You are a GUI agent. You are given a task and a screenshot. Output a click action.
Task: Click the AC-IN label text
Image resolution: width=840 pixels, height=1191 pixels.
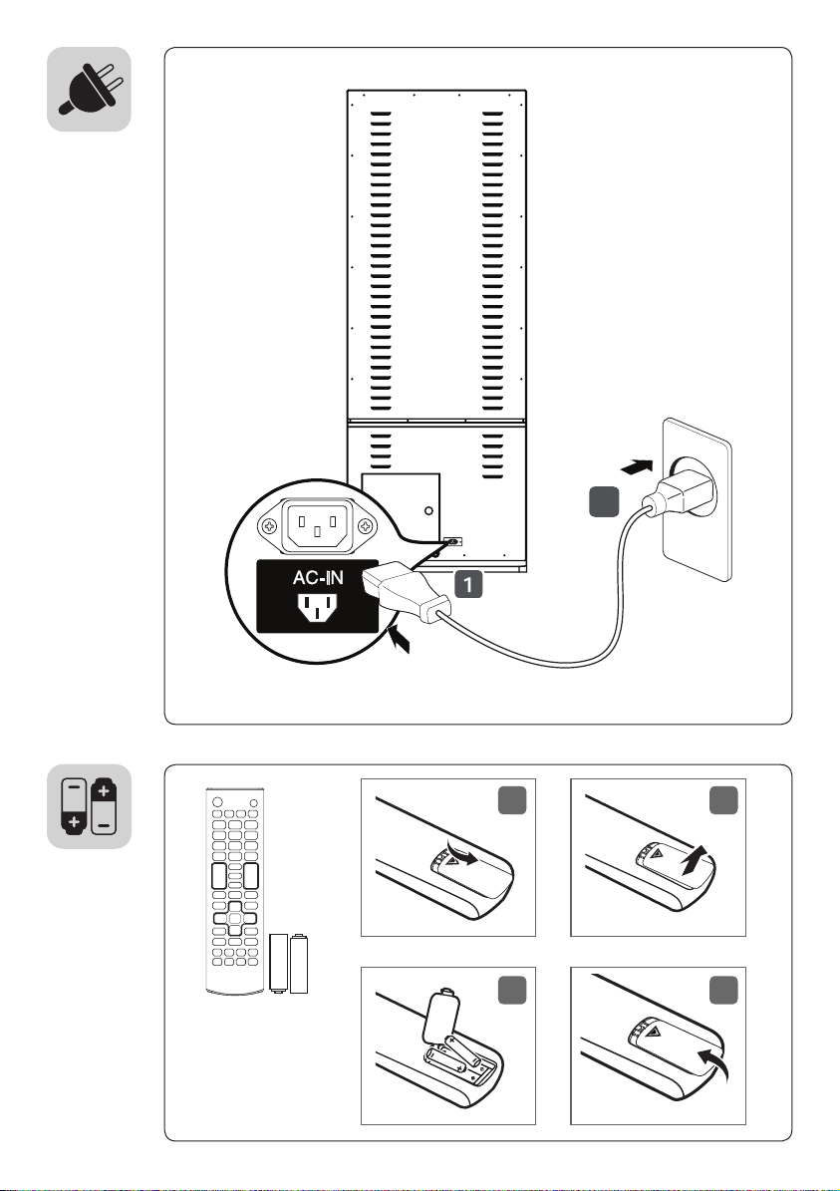tap(318, 578)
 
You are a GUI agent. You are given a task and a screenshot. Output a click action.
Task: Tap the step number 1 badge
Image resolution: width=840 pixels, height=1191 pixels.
tap(468, 584)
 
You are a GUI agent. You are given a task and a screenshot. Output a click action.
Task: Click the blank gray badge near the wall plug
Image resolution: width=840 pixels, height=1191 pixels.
tap(604, 502)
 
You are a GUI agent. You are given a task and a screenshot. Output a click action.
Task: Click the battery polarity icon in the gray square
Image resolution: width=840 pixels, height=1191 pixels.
tap(89, 806)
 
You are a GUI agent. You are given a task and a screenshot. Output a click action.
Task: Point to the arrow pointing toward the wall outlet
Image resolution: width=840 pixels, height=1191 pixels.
tap(637, 464)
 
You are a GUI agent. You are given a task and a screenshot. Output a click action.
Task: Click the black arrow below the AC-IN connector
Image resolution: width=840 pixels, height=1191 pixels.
tap(399, 639)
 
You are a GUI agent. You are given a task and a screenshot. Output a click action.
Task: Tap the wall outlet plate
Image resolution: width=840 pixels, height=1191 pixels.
tap(698, 498)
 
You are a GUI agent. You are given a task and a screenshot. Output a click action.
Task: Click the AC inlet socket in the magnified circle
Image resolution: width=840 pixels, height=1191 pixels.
tap(318, 525)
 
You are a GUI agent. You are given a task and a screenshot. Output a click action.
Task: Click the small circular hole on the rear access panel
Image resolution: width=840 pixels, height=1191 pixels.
tap(429, 510)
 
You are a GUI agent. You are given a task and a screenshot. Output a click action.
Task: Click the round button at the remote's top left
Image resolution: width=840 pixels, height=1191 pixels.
tap(218, 801)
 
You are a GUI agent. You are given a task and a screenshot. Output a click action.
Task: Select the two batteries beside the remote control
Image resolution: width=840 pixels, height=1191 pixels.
tap(289, 963)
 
